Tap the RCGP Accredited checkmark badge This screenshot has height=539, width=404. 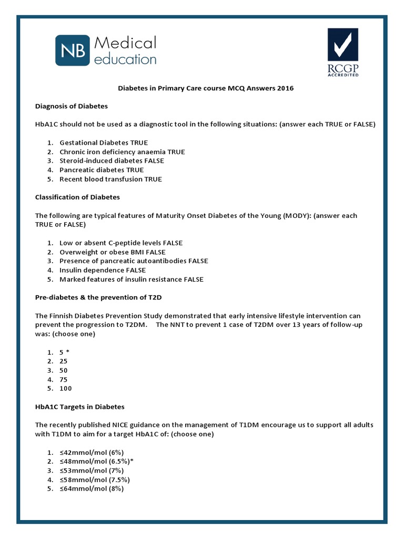344,52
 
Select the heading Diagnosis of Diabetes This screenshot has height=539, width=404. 71,106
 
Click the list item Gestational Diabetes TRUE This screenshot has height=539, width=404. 103,143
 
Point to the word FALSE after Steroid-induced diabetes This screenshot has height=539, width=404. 151,161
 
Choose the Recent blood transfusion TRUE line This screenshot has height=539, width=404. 110,179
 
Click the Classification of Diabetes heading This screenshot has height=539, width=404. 77,197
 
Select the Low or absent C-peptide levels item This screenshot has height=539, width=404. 121,243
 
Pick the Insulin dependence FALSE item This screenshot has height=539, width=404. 103,271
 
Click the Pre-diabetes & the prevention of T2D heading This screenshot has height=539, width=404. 98,297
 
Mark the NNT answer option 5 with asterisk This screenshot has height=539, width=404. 65,352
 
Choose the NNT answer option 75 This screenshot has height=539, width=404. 64,380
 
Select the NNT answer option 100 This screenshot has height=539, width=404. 65,388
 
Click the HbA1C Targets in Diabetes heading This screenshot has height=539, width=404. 79,407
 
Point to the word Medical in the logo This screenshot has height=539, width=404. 125,43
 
